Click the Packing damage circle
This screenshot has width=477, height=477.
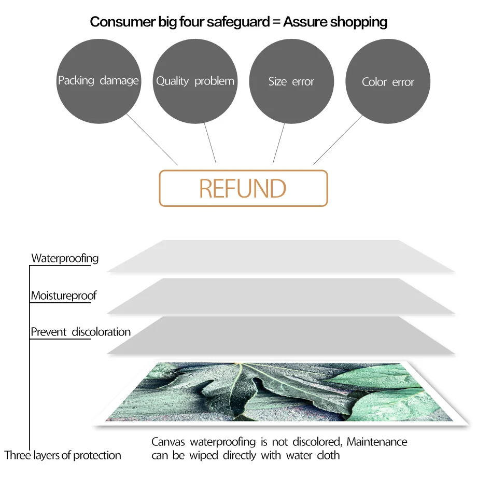coord(99,81)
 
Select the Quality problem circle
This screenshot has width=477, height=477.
coord(195,81)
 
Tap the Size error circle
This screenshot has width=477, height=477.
coord(291,81)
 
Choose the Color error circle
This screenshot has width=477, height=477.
coord(388,82)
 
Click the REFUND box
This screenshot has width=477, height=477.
coord(243,188)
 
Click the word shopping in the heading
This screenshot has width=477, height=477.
coord(359,22)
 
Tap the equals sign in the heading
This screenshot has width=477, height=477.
coord(273,22)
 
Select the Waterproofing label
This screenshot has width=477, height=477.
coord(65,258)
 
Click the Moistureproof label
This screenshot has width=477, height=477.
coord(64,296)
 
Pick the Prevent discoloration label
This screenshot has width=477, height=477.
coord(80,332)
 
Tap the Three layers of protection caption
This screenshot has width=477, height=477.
coord(63,456)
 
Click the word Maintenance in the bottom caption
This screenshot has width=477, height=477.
coord(377,442)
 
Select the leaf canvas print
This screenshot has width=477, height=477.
coord(280,391)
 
